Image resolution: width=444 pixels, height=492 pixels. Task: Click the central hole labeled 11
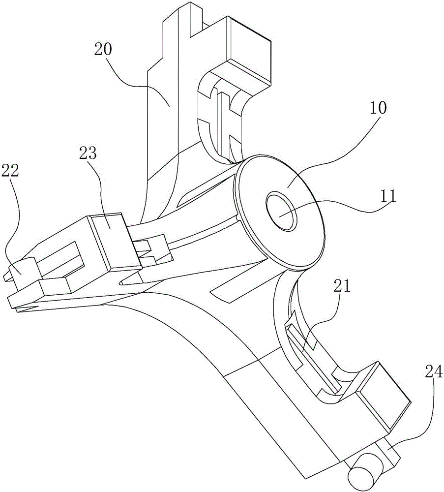281,212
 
